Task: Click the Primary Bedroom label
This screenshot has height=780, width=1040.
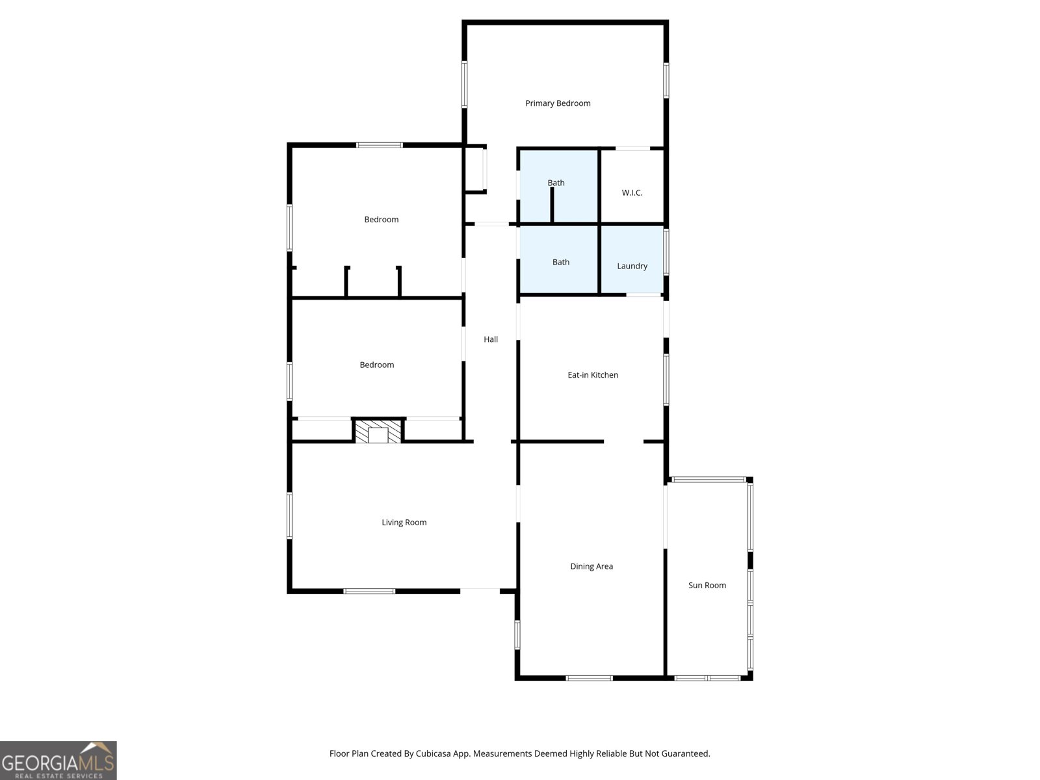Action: click(x=558, y=103)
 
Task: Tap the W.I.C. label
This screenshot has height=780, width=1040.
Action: click(x=632, y=193)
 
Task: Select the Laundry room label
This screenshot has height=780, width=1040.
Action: click(x=632, y=266)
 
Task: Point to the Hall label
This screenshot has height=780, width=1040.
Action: click(x=491, y=339)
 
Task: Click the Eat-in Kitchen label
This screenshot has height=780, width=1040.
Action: click(x=593, y=375)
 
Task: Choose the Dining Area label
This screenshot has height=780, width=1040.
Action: click(x=591, y=566)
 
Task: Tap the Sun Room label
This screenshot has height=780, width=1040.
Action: click(x=707, y=585)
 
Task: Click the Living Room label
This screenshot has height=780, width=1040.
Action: click(x=404, y=523)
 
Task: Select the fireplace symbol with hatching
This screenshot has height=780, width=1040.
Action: click(x=378, y=432)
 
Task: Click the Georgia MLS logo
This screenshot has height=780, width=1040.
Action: click(x=58, y=760)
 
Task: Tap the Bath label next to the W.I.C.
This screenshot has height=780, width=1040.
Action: click(x=556, y=183)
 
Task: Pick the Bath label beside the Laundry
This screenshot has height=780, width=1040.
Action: click(x=560, y=262)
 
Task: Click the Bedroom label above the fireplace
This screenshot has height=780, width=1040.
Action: click(x=377, y=365)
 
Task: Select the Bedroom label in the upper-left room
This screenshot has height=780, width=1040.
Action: click(x=381, y=220)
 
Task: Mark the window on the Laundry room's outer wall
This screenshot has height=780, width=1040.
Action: click(x=666, y=252)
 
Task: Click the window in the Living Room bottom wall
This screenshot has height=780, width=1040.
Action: click(x=369, y=591)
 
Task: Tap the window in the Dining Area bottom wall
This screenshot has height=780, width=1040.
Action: click(x=589, y=678)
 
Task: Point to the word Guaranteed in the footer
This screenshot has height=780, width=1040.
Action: click(x=686, y=754)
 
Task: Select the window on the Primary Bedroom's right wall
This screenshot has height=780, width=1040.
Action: click(x=666, y=80)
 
